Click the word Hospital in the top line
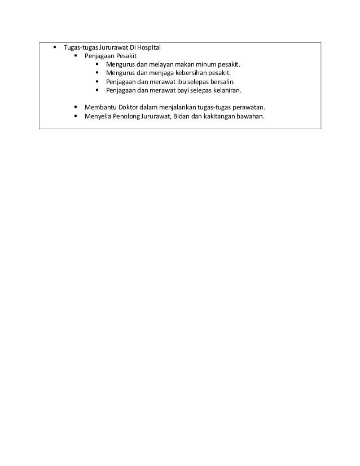pos(148,47)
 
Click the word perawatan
pos(247,107)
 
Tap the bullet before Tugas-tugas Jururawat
pos(54,47)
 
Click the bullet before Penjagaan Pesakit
pos(76,56)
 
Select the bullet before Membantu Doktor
pos(76,107)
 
